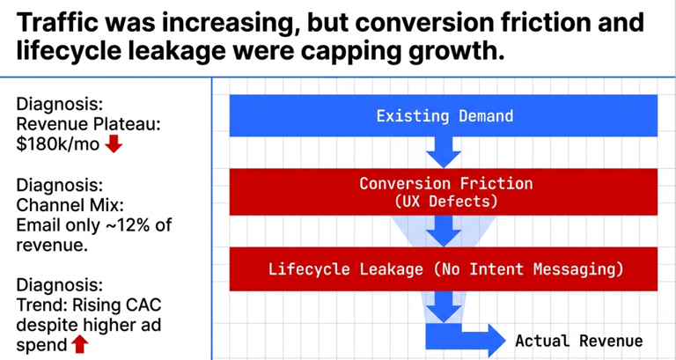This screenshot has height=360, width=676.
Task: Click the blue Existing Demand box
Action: pos(444,115)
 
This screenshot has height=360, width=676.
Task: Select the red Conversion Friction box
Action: pos(444,192)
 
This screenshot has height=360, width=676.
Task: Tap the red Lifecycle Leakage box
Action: pos(444,268)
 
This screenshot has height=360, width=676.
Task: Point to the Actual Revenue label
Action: pos(578,341)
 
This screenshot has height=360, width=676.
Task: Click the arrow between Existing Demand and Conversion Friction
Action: pos(444,152)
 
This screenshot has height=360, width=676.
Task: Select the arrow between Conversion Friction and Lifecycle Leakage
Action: pos(444,230)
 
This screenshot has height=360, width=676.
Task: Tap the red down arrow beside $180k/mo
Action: pos(113,144)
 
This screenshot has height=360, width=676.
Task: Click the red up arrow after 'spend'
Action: pos(79,344)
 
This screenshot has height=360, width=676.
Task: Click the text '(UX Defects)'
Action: pos(445,202)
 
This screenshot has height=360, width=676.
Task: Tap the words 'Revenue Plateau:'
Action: pos(88,124)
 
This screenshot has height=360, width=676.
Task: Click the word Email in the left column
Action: pos(39,224)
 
